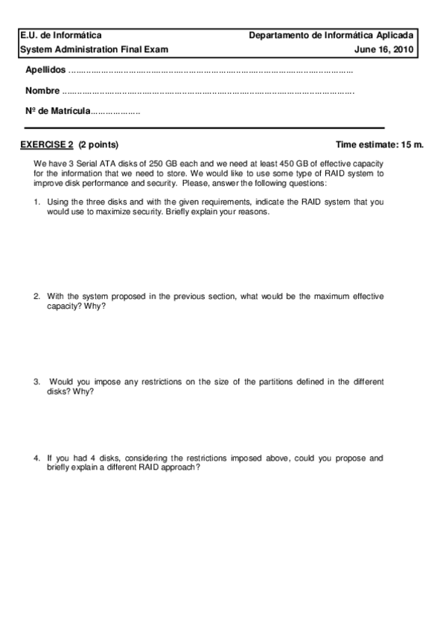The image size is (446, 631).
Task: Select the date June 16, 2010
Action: point(384,49)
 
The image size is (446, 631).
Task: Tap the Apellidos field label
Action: point(45,71)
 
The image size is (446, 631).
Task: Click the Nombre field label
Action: point(42,91)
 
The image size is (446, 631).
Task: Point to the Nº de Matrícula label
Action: point(57,111)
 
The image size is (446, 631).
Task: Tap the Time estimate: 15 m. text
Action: point(380,144)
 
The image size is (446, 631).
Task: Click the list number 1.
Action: point(36,202)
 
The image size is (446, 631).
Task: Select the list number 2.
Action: point(36,296)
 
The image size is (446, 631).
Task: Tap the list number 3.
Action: point(36,382)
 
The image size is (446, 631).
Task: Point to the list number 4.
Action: point(36,458)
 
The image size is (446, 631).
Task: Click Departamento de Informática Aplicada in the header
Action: point(333,35)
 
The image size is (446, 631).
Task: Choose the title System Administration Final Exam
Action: point(94,49)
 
